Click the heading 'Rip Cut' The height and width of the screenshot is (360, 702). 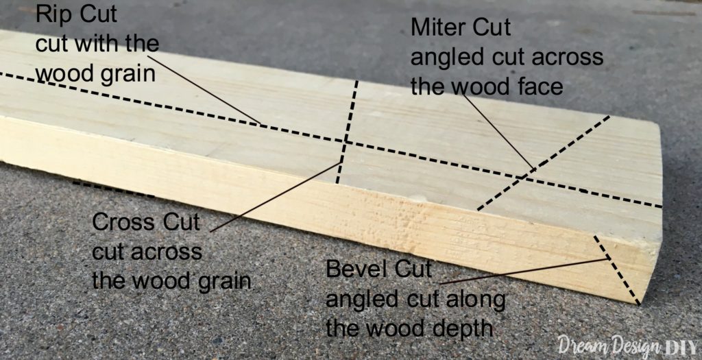pos(75,15)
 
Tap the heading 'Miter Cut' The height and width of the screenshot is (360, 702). pos(461,27)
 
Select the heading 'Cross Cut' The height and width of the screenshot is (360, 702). pos(146,223)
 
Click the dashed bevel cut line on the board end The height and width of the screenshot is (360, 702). pos(617,269)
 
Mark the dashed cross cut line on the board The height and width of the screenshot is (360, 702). pos(347,132)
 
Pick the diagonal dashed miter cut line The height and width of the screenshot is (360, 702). pos(543,163)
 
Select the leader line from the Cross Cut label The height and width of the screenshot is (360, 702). pos(276,197)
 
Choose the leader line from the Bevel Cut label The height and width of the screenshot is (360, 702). pos(524,271)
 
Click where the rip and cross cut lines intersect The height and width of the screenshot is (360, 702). pos(346,143)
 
